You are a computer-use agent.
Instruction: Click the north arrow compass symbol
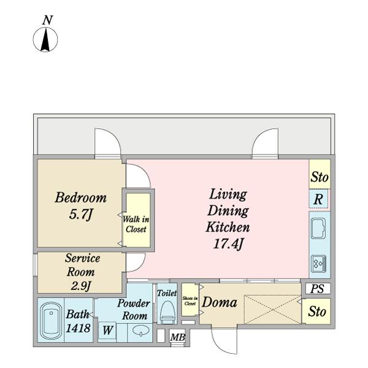click(x=45, y=39)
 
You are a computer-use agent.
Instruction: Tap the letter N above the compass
click(x=47, y=20)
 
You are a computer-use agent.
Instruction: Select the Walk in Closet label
click(x=136, y=224)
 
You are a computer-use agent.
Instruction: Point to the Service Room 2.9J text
click(x=82, y=272)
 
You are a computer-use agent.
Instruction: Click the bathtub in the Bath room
click(x=51, y=320)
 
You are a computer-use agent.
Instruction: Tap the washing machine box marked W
click(x=107, y=330)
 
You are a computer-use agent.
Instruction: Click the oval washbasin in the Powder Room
click(x=141, y=331)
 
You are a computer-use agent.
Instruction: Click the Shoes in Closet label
click(x=190, y=301)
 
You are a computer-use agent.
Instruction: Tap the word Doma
click(x=220, y=302)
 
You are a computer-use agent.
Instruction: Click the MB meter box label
click(x=178, y=337)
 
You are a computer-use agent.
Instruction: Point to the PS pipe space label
click(x=317, y=288)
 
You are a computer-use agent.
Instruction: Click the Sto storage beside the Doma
click(x=317, y=312)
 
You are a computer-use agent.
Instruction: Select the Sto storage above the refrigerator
click(x=320, y=174)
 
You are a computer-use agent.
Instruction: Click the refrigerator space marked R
click(x=318, y=199)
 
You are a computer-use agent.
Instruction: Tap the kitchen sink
click(x=318, y=228)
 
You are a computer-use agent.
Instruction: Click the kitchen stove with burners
click(x=319, y=262)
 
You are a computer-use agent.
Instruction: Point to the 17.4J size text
click(x=228, y=243)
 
